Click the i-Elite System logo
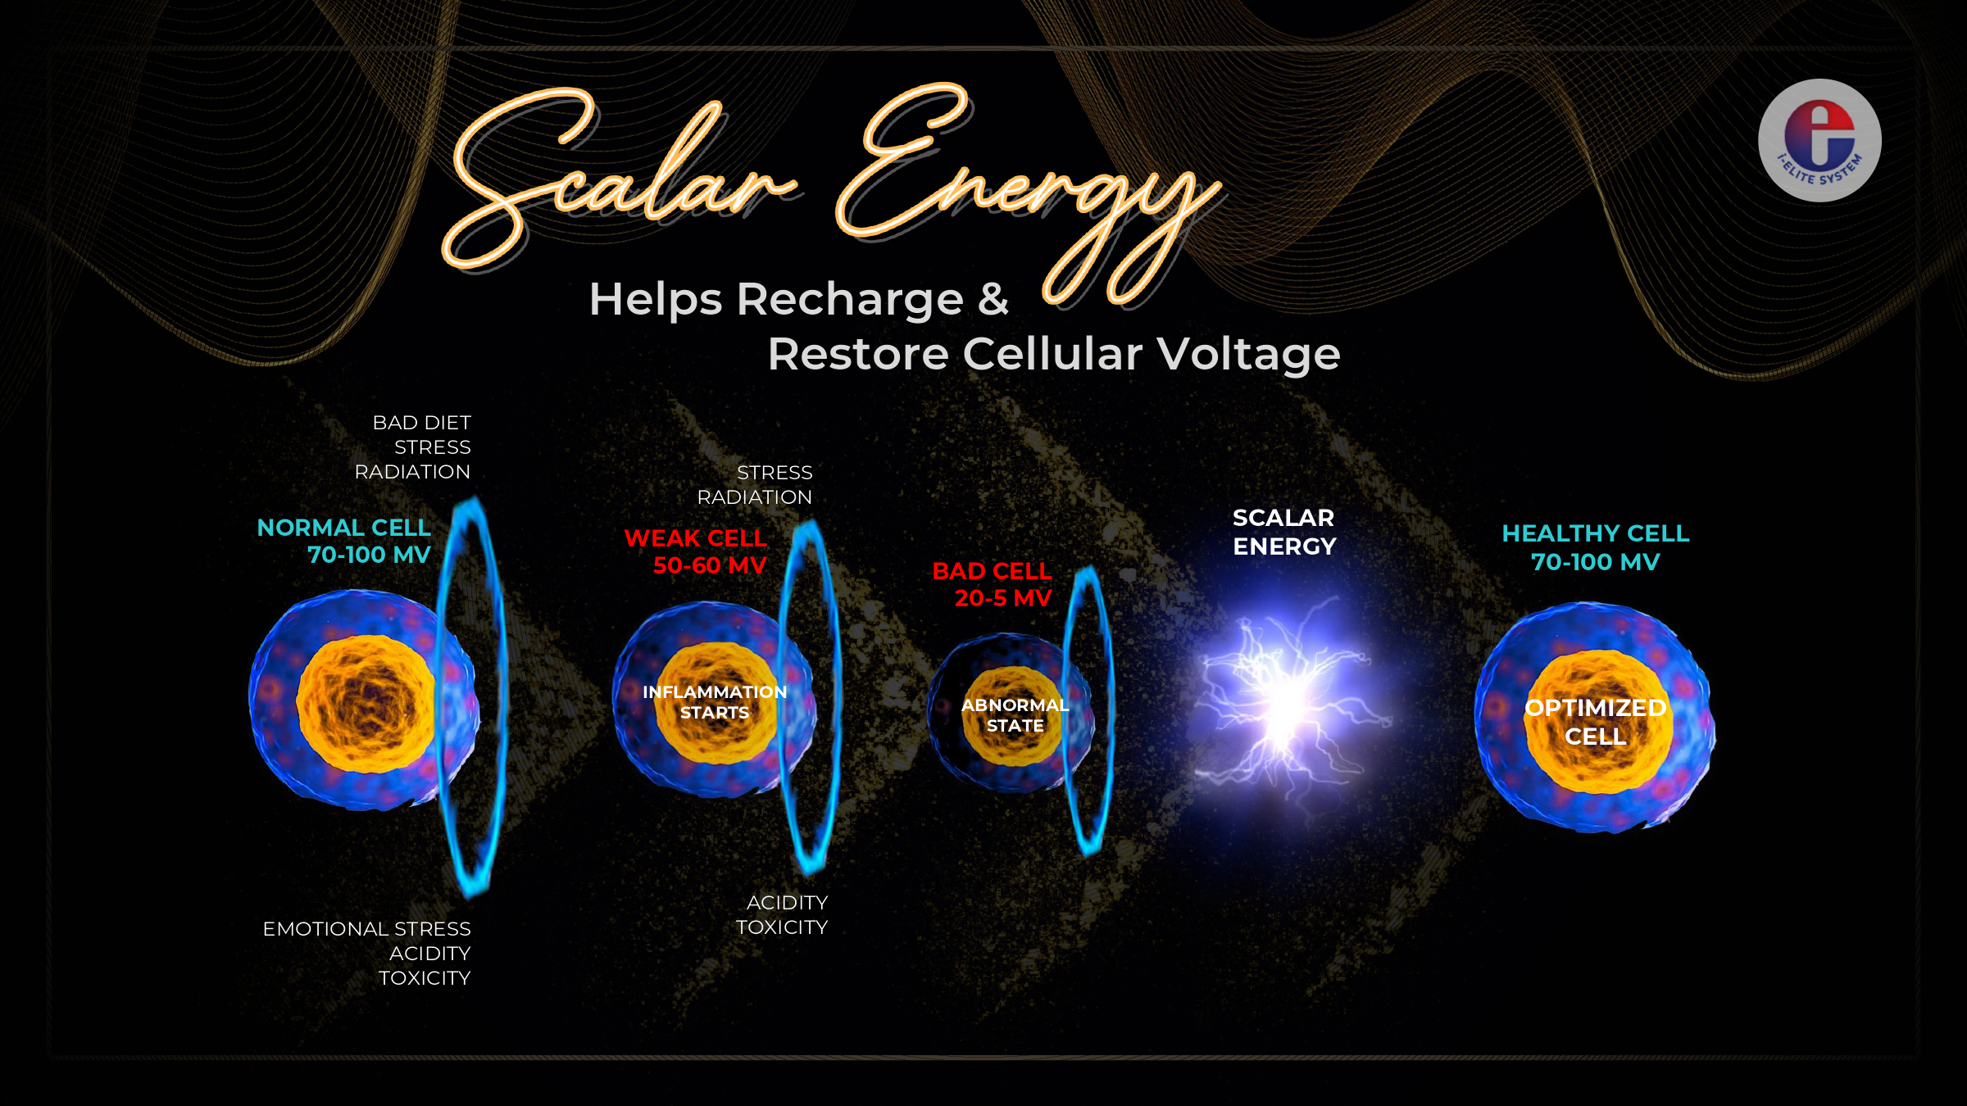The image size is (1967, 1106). click(x=1819, y=140)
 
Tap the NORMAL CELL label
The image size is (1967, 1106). click(x=343, y=528)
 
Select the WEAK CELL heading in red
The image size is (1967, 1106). click(x=695, y=538)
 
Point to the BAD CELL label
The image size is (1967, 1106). click(x=992, y=571)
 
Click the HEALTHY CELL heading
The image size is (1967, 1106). click(x=1595, y=533)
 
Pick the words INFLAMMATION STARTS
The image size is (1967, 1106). click(x=715, y=702)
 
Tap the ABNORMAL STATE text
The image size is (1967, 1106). click(x=1015, y=715)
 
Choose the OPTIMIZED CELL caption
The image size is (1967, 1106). click(x=1595, y=722)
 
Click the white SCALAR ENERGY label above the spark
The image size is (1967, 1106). click(x=1284, y=532)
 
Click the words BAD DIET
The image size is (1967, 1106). click(x=421, y=423)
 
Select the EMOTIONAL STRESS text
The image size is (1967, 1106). click(x=366, y=929)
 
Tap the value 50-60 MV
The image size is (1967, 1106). click(x=710, y=565)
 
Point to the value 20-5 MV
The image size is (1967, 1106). click(x=1003, y=598)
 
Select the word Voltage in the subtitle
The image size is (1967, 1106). click(x=1248, y=355)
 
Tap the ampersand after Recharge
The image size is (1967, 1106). click(x=993, y=299)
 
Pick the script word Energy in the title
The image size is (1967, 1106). click(x=1029, y=193)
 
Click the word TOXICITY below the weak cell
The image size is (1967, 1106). click(x=782, y=927)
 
